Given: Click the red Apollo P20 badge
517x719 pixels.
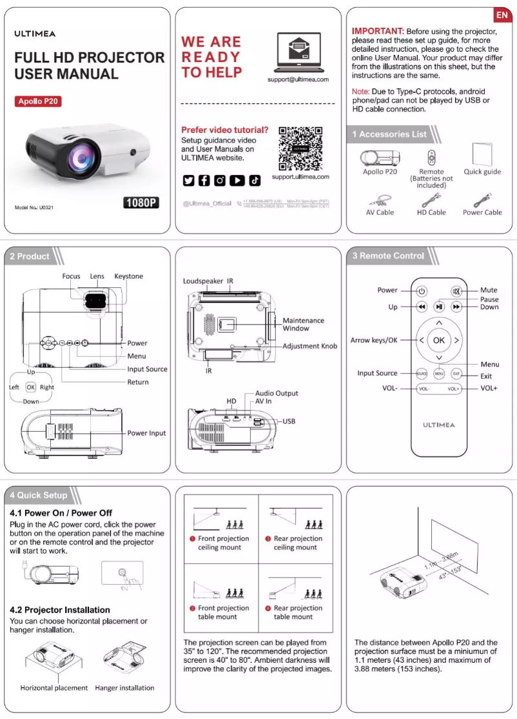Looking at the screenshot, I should (x=39, y=101).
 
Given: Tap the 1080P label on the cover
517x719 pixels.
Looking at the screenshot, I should (x=141, y=203).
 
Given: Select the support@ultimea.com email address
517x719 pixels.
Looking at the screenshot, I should (x=298, y=79).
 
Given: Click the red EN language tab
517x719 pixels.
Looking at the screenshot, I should (x=503, y=15).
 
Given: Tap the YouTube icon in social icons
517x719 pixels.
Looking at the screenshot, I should (x=237, y=181).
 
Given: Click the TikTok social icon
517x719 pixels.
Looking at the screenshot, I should (x=255, y=181).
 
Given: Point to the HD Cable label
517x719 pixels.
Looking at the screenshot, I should (x=431, y=212).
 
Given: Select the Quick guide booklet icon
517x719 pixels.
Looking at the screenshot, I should (x=482, y=155).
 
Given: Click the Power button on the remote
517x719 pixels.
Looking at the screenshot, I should (x=421, y=291).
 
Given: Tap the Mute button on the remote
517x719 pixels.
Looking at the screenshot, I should (x=456, y=291).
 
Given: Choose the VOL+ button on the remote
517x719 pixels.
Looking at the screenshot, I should (x=454, y=389).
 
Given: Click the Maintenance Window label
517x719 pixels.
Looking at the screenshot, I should (x=303, y=324).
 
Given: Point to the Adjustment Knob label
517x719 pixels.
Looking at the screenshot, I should (x=309, y=347).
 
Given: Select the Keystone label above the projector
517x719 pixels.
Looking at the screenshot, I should (x=128, y=276).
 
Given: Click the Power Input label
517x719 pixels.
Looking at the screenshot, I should (x=146, y=433).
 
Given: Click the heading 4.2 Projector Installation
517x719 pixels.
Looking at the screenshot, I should (x=60, y=610).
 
